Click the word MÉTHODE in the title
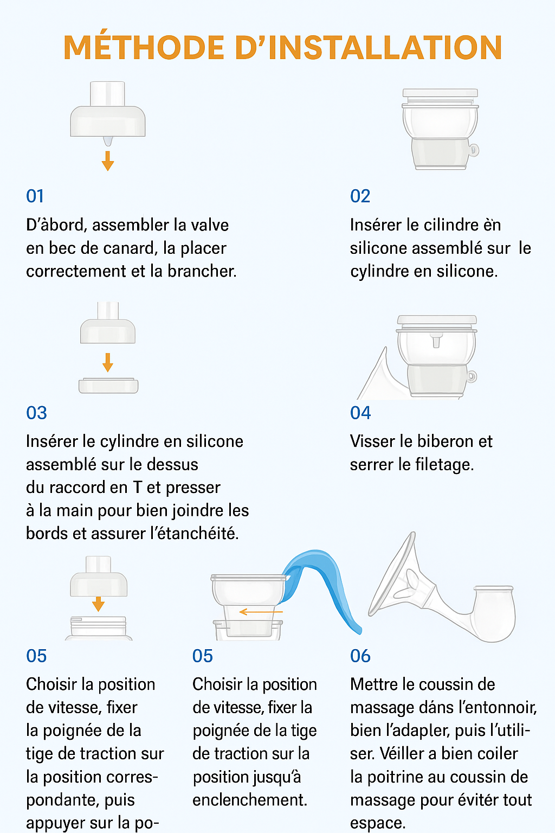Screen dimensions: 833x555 [144, 48]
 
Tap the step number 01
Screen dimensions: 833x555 [35, 196]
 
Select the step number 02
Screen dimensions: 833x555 [360, 196]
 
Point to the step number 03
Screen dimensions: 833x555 [36, 413]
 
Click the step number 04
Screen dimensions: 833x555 [360, 413]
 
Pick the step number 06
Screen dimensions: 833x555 [360, 656]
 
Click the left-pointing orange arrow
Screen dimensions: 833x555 [260, 612]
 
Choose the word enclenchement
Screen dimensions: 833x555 [250, 800]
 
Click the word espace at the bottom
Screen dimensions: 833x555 [377, 823]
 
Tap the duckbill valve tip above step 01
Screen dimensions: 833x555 [108, 141]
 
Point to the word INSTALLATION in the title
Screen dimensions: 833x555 [385, 48]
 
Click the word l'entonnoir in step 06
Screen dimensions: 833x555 [497, 708]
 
